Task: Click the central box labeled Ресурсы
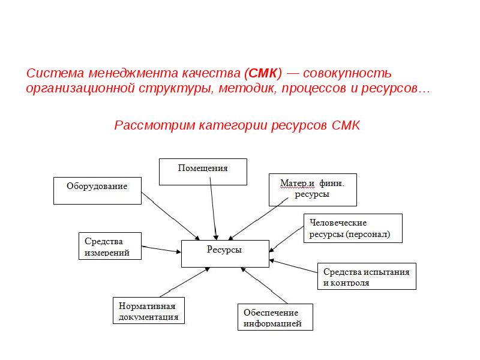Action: [225, 253]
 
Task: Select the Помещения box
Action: [203, 172]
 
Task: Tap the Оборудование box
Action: [97, 190]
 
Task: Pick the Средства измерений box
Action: [110, 246]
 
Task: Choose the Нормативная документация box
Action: [148, 310]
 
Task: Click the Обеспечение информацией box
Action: [275, 317]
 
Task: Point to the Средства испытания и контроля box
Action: [367, 276]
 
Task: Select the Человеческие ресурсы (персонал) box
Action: [353, 229]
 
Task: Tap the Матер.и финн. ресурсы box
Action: [313, 190]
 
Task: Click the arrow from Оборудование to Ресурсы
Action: [170, 216]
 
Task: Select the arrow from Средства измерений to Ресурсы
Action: [161, 249]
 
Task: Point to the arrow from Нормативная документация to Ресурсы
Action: [185, 282]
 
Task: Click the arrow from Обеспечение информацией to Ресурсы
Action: [264, 286]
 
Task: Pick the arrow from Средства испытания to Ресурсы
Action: [293, 266]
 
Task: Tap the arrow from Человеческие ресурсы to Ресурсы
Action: [286, 239]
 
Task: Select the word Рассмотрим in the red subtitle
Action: [155, 125]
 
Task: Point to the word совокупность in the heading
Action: [347, 73]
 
